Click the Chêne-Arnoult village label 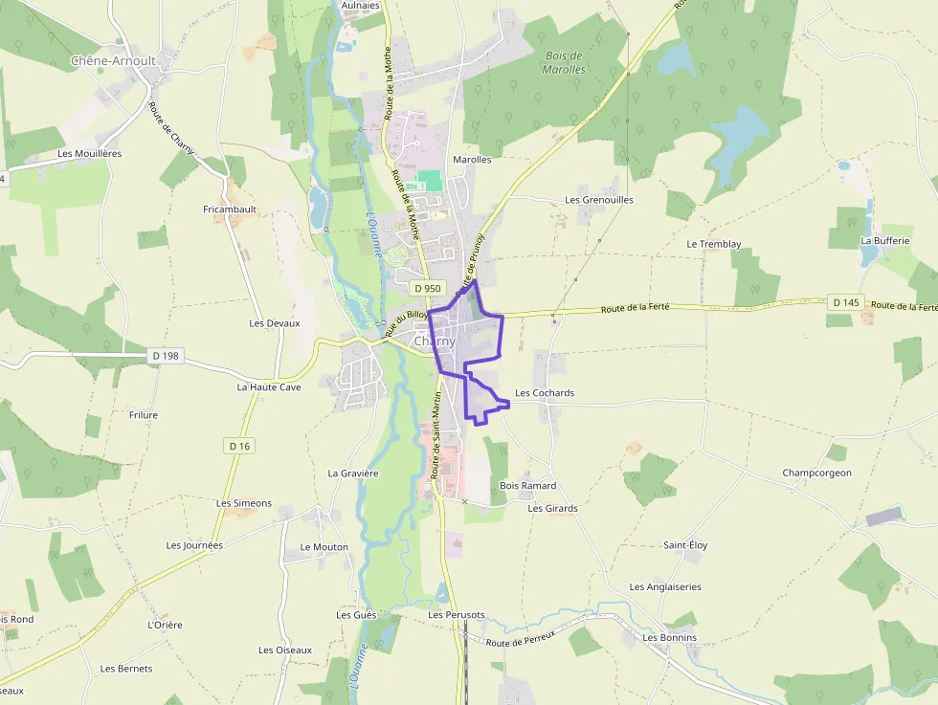(x=112, y=61)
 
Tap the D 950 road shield (x=428, y=288)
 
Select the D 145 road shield (x=846, y=302)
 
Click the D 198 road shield (x=166, y=356)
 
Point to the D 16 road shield (x=239, y=446)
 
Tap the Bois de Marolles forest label (x=563, y=62)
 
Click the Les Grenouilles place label (x=599, y=200)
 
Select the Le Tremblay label (x=714, y=244)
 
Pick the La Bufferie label (x=884, y=241)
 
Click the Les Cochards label (x=545, y=393)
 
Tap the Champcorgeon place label (x=816, y=473)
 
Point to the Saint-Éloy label (x=685, y=545)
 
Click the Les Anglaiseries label (x=665, y=587)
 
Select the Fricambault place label (x=230, y=209)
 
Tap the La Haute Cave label (x=269, y=387)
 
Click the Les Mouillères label (x=90, y=153)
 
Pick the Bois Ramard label (x=528, y=486)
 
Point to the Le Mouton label (x=324, y=547)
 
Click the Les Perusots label (x=457, y=614)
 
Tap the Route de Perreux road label (x=523, y=642)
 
